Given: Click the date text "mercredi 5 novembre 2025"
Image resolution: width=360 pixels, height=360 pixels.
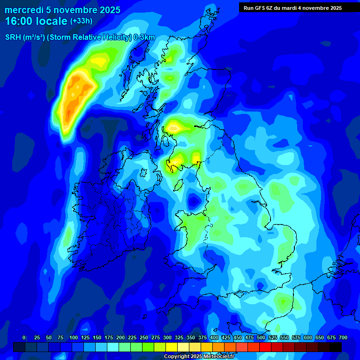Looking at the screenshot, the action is tap(62, 10).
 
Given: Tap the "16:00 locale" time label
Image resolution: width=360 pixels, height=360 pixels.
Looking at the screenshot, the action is tap(36, 21).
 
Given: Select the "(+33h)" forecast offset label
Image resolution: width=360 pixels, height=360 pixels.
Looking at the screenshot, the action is tap(81, 21).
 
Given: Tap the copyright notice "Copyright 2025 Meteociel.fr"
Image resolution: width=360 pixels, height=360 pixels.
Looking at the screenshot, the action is tap(199, 357).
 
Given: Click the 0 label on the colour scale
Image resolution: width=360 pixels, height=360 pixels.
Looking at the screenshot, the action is tap(24, 337).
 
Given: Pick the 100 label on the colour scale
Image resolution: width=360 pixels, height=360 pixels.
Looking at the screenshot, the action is tap(73, 337).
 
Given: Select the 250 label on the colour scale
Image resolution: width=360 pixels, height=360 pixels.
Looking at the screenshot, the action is tap(144, 337).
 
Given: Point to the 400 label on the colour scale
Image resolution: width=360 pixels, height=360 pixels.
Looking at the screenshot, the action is tap(214, 337).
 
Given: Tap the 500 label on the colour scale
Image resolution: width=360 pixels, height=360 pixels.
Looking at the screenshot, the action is tap(261, 337).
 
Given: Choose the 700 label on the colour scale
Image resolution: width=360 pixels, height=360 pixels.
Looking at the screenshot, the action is tap(343, 337).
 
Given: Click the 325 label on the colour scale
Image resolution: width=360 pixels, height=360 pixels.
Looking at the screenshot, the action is tap(179, 337).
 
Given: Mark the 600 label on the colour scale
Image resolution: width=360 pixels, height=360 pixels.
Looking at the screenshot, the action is tap(308, 337).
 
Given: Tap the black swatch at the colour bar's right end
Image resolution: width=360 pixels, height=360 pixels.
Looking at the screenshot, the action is tap(335, 347).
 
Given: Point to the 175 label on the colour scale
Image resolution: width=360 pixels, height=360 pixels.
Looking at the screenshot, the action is tap(108, 337).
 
